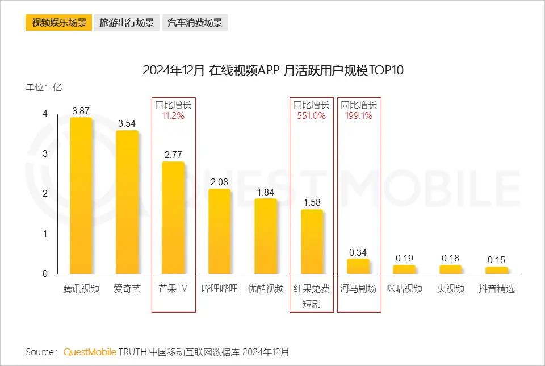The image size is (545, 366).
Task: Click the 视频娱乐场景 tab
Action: [58, 23]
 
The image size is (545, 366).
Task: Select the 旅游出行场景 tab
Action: [127, 23]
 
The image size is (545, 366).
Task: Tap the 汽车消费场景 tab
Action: [195, 23]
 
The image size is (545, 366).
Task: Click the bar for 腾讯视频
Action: [81, 196]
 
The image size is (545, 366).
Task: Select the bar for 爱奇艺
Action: [127, 202]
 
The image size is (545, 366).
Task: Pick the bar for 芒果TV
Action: [173, 218]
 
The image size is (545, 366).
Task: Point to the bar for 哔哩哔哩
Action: [220, 231]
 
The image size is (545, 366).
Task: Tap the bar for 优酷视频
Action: [266, 236]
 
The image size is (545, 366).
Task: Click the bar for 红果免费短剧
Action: [312, 242]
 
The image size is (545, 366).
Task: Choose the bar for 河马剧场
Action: [358, 267]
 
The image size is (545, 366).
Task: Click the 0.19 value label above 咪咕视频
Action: [404, 259]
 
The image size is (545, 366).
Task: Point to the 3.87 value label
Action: [81, 111]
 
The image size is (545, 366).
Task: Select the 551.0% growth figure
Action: [312, 115]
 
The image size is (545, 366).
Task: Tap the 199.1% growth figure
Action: [359, 115]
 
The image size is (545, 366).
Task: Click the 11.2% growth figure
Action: [174, 115]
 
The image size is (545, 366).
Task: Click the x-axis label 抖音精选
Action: [497, 288]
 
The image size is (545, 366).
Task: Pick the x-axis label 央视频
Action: [450, 288]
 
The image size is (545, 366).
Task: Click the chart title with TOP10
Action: [272, 70]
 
